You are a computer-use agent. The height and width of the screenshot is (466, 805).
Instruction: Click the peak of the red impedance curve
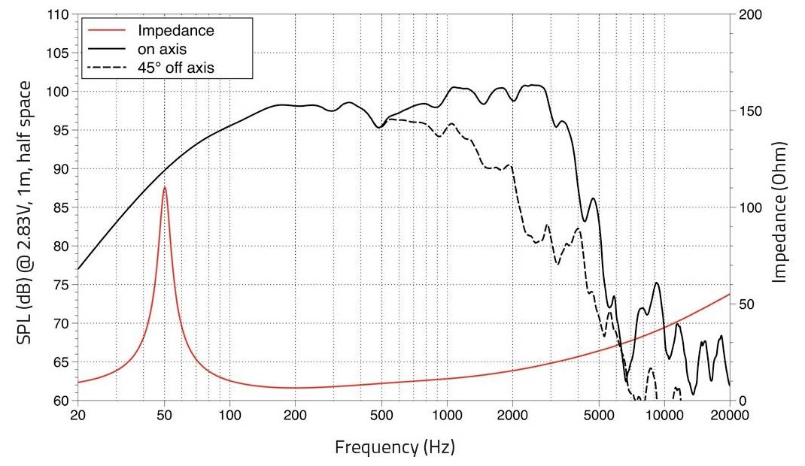tap(165, 188)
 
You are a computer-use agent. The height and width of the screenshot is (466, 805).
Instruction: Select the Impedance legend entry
tap(176, 31)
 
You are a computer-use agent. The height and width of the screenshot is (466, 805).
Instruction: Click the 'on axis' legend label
tap(162, 50)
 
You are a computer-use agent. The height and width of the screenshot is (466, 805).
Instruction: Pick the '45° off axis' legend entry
tap(176, 68)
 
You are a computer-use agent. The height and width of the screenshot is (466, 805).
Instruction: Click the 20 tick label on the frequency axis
tap(77, 416)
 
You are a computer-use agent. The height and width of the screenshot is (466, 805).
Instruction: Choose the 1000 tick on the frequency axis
tap(448, 416)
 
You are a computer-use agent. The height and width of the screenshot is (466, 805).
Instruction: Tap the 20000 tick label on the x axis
tap(729, 416)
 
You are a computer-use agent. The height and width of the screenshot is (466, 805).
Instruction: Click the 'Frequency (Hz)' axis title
tap(394, 447)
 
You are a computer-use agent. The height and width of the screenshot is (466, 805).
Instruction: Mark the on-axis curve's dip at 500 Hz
tap(380, 127)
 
